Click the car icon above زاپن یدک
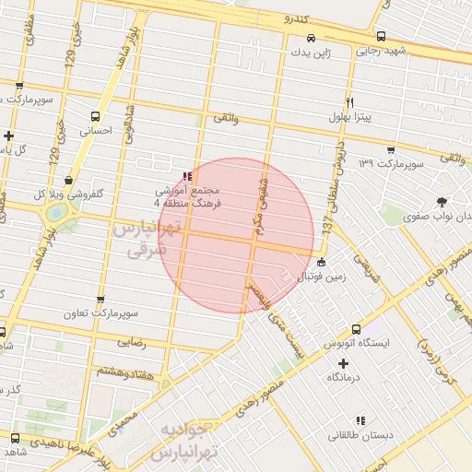[311, 39]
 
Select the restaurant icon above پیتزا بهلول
[349, 102]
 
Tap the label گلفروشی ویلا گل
[67, 195]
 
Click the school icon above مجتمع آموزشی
[188, 175]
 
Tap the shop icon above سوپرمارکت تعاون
[100, 300]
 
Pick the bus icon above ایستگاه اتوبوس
[357, 328]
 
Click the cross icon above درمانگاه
[343, 363]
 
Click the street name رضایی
[132, 341]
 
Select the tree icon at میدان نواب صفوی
[442, 201]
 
